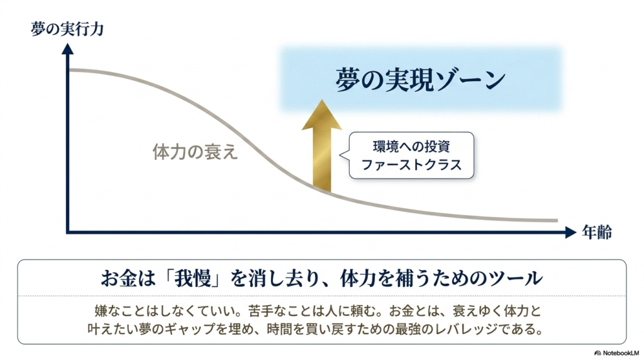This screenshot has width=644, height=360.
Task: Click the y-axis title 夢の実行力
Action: click(67, 29)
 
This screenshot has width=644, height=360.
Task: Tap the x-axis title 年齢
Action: click(597, 232)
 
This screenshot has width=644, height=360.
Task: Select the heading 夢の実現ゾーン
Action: click(420, 80)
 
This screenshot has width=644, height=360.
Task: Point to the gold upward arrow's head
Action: click(321, 115)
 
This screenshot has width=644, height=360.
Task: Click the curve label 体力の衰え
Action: click(195, 152)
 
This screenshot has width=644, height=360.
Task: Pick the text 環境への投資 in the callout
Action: click(411, 146)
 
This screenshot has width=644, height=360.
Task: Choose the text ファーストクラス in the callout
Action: click(411, 165)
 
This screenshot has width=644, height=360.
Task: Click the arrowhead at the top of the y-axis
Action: click(67, 49)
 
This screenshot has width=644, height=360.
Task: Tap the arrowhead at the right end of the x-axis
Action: click(571, 232)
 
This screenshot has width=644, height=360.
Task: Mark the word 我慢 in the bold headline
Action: click(192, 278)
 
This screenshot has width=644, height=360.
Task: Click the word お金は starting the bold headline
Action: click(128, 278)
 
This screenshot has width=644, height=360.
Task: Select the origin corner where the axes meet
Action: click(68, 232)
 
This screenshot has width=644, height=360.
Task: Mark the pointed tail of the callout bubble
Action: click(341, 155)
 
